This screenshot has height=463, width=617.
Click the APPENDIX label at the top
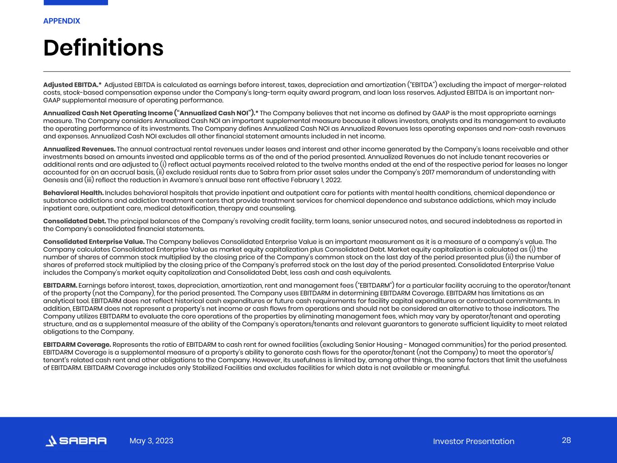click(61, 21)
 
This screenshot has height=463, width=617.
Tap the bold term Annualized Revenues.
click(79, 149)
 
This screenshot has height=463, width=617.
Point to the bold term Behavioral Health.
click(73, 193)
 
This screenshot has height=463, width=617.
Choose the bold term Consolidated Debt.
click(75, 221)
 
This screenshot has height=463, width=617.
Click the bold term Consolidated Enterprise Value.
click(94, 241)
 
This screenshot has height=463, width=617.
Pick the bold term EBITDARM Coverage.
click(77, 344)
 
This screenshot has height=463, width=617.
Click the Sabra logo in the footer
click(76, 441)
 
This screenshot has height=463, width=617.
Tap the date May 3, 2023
click(151, 441)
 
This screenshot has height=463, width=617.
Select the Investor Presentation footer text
click(473, 441)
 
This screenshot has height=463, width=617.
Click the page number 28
click(566, 440)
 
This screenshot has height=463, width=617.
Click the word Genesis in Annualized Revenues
click(56, 180)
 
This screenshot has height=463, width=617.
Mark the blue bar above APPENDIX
click(75, 2)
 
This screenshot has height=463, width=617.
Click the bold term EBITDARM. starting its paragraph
click(60, 285)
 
